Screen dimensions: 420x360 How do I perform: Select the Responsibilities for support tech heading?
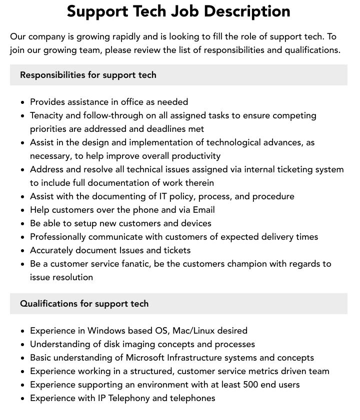[x=88, y=75]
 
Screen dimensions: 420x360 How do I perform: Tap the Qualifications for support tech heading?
[x=84, y=304]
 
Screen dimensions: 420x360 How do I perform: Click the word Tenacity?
[x=49, y=115]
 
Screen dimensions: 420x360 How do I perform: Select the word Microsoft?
[x=153, y=358]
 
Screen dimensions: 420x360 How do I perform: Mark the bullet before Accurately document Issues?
[x=23, y=251]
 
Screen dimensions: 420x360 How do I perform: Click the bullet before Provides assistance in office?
[x=23, y=102]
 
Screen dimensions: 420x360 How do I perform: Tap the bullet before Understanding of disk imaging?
[x=23, y=345]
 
